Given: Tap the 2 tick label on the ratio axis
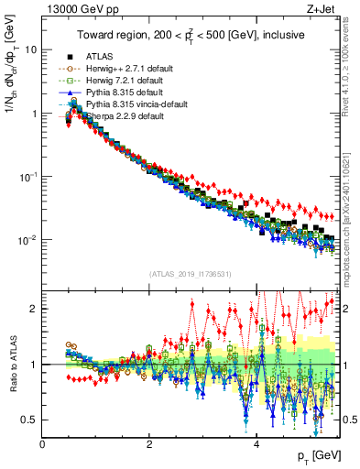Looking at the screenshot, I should [x=33, y=309].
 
